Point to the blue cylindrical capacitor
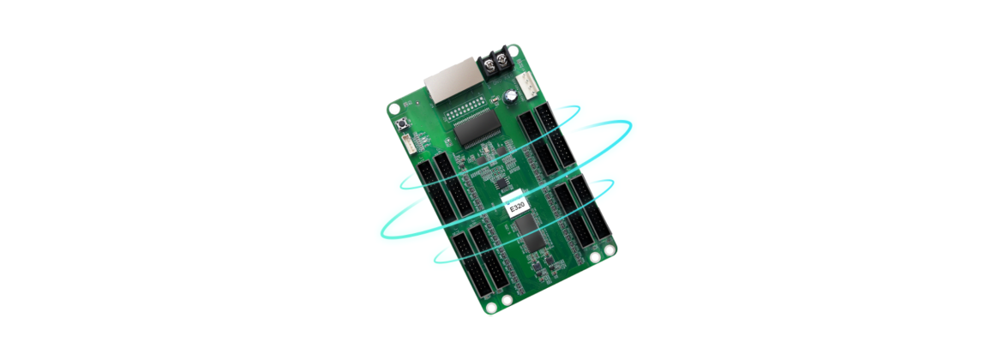(x=512, y=96)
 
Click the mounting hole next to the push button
(x=393, y=110)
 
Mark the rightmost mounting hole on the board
(x=610, y=251)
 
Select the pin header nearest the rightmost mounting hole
(x=585, y=214)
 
